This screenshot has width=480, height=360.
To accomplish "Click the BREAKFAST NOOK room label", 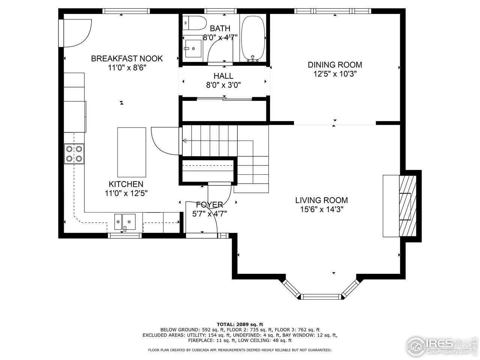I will (127, 58).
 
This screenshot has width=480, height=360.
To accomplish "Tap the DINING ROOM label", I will (334, 64).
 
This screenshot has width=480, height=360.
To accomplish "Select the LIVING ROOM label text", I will (321, 200).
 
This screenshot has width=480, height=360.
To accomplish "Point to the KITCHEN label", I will (126, 184).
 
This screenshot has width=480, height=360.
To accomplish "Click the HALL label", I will (223, 76).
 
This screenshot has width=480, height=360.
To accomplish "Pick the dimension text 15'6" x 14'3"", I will (321, 209).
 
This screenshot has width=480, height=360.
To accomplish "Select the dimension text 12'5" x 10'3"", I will (334, 74).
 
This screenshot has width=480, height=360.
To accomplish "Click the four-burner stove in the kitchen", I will (74, 154).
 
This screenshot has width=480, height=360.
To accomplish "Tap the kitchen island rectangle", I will (132, 152).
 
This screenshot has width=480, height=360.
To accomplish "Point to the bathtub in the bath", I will (253, 37).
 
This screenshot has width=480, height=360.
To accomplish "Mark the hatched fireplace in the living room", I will (408, 204).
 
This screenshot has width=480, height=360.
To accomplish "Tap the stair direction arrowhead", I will (184, 141).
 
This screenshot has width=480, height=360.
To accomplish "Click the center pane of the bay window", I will (321, 297).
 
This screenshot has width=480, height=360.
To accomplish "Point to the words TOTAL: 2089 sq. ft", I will (240, 324).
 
